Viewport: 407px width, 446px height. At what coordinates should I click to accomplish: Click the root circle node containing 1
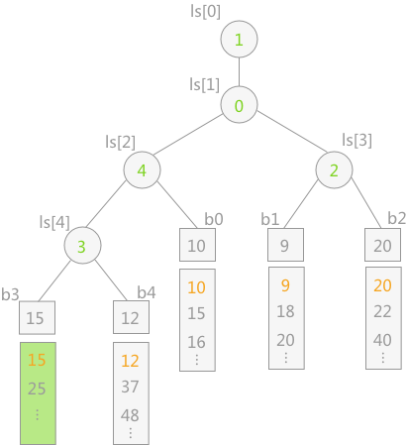[x=239, y=40]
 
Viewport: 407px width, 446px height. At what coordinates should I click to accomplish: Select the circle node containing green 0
[x=239, y=105]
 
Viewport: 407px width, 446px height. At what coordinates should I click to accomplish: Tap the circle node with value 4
[x=142, y=169]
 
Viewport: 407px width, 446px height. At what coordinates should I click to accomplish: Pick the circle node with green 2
[x=334, y=169]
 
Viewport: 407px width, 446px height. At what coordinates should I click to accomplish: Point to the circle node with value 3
[x=82, y=245]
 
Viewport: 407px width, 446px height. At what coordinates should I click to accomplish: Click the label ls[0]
[x=205, y=12]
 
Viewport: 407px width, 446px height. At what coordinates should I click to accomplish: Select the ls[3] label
[x=356, y=140]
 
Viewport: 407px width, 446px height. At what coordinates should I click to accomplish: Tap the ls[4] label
[x=54, y=222]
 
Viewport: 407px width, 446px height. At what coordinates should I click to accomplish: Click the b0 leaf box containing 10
[x=197, y=245]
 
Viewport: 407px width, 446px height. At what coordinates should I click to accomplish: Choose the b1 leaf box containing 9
[x=285, y=245]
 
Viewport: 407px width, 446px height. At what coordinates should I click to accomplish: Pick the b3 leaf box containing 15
[x=37, y=317]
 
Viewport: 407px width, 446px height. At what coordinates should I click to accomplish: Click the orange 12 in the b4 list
[x=130, y=361]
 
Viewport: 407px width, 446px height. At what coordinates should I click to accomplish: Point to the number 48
[x=130, y=415]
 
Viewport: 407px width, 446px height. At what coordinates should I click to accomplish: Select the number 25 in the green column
[x=37, y=389]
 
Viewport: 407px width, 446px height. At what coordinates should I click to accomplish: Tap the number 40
[x=382, y=340]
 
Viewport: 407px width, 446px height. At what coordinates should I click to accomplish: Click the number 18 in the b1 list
[x=285, y=311]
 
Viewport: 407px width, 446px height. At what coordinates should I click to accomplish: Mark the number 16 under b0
[x=196, y=342]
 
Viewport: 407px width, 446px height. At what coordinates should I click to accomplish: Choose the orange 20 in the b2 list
[x=382, y=285]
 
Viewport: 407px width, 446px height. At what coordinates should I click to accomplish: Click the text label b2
[x=397, y=218]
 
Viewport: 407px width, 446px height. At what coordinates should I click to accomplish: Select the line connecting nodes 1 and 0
[x=239, y=72]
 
